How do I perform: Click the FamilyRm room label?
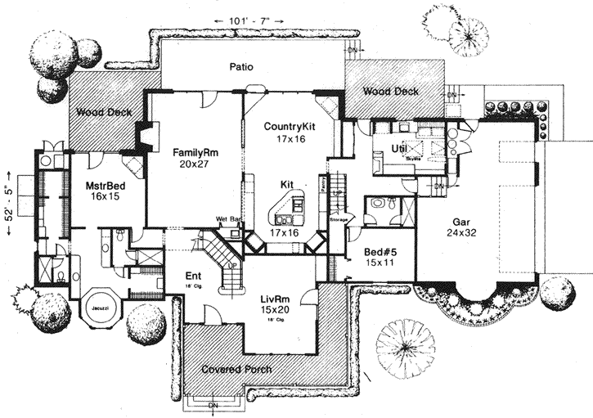pyautogui.click(x=192, y=152)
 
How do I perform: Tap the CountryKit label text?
pyautogui.click(x=290, y=127)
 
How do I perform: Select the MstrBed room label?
pyautogui.click(x=104, y=186)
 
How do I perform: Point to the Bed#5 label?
pyautogui.click(x=379, y=253)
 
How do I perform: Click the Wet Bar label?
pyautogui.click(x=227, y=219)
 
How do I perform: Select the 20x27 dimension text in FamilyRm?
pyautogui.click(x=192, y=164)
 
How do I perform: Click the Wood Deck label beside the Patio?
pyautogui.click(x=390, y=92)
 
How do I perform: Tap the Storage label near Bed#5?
pyautogui.click(x=339, y=219)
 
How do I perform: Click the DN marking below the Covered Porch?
pyautogui.click(x=213, y=404)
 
